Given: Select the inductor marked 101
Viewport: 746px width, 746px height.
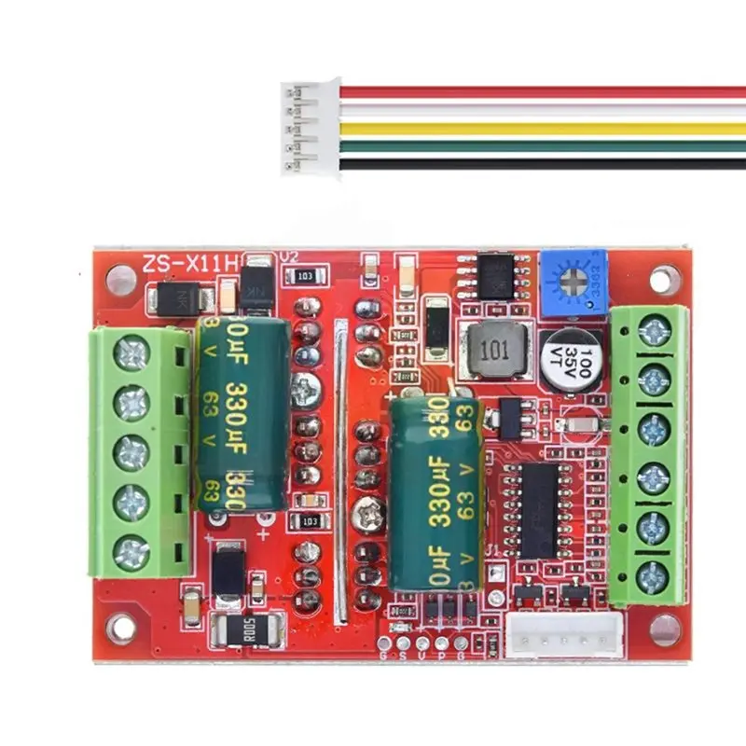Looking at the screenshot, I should (x=495, y=352).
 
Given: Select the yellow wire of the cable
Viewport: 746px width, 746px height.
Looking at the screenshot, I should (x=541, y=129).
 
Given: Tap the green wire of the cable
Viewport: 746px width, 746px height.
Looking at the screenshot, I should (x=541, y=146).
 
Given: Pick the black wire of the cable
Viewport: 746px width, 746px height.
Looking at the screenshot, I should (x=541, y=164).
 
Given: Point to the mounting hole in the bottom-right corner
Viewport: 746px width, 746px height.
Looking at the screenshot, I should (x=664, y=631).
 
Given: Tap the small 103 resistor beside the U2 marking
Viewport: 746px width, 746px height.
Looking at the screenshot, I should (x=307, y=276).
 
